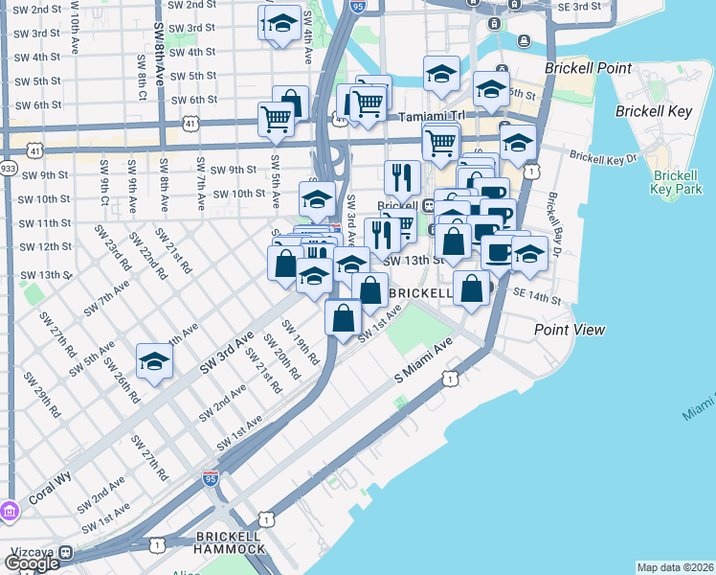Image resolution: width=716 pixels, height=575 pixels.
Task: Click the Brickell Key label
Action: (x=655, y=112)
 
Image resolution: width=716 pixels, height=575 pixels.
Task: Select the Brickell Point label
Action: (x=588, y=68)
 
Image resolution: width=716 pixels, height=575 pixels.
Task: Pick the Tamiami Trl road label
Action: (x=431, y=115)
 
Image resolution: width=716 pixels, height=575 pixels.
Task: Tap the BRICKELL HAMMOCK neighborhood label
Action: (x=228, y=541)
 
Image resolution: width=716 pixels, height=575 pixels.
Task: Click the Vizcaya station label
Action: (x=31, y=553)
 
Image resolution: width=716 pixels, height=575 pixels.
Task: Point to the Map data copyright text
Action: (x=675, y=567)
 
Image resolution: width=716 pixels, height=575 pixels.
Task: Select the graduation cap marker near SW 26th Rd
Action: (x=153, y=362)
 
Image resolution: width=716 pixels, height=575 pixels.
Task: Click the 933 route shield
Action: (x=9, y=167)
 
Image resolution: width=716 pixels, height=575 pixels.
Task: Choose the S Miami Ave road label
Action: (x=423, y=364)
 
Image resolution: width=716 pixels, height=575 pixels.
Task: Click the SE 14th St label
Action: (x=536, y=298)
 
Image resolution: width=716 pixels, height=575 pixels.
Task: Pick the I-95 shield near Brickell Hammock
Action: (x=211, y=476)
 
